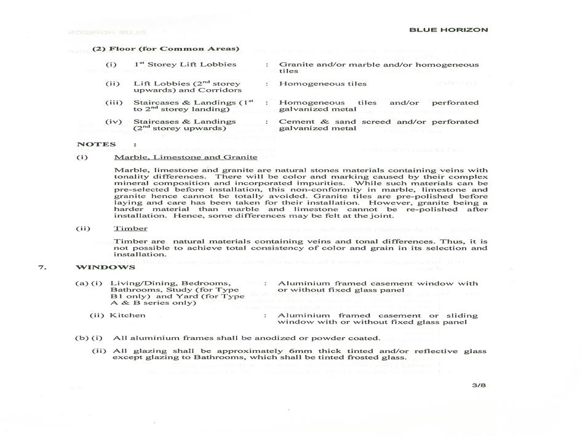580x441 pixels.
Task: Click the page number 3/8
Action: click(x=479, y=386)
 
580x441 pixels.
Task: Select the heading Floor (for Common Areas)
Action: click(x=165, y=49)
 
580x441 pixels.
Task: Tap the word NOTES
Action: click(x=97, y=145)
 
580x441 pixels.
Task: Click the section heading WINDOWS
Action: click(x=105, y=268)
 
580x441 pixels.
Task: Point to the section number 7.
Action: click(x=41, y=268)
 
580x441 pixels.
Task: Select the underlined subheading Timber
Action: click(x=130, y=228)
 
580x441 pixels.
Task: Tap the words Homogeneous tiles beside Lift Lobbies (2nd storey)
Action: click(x=322, y=84)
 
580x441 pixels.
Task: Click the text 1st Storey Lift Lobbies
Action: click(x=185, y=64)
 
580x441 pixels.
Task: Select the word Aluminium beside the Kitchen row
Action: click(x=302, y=316)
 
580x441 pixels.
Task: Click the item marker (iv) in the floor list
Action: click(x=113, y=122)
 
